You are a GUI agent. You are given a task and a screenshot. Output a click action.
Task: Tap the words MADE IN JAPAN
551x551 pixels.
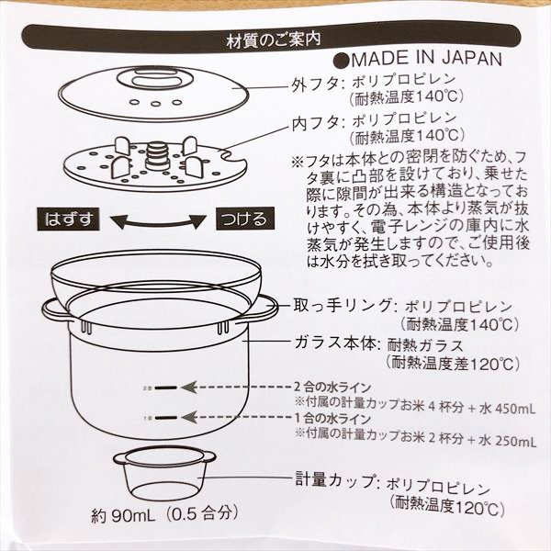tap(426, 60)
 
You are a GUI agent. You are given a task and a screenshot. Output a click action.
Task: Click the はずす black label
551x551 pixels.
tap(69, 219)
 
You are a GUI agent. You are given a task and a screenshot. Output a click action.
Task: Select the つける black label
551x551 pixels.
tap(245, 219)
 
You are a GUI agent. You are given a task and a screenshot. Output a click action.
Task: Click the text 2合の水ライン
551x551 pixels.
tap(332, 388)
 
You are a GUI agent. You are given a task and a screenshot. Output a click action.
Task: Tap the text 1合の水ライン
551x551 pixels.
tap(332, 418)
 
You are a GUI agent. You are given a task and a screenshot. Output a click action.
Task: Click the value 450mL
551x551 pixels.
tap(515, 409)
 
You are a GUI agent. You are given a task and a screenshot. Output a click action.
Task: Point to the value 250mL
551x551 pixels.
tap(515, 440)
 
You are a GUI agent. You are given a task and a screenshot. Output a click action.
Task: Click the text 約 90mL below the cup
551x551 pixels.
tap(123, 516)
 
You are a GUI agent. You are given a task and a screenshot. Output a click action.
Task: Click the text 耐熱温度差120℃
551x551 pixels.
tap(452, 364)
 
